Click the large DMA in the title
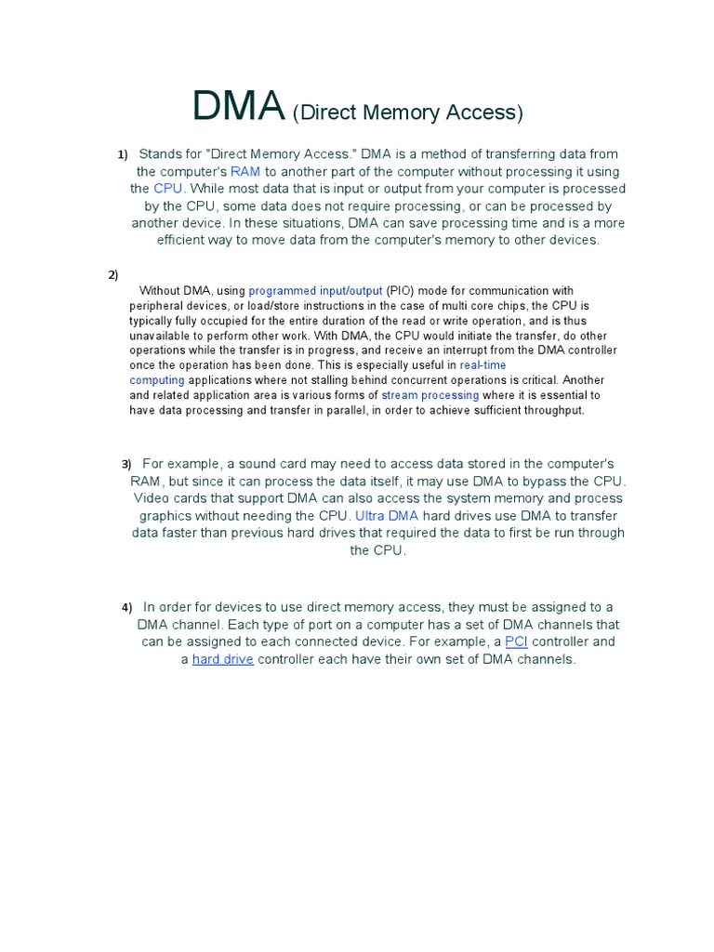point(238,107)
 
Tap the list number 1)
point(122,154)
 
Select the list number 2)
point(113,274)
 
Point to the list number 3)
point(126,464)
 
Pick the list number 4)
point(126,607)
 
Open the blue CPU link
point(168,189)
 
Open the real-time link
point(483,365)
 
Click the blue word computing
point(157,380)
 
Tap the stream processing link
point(430,395)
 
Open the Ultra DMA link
point(387,516)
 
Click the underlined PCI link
point(516,642)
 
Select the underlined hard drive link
point(223,659)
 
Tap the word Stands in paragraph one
point(160,154)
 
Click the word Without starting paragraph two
point(159,291)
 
